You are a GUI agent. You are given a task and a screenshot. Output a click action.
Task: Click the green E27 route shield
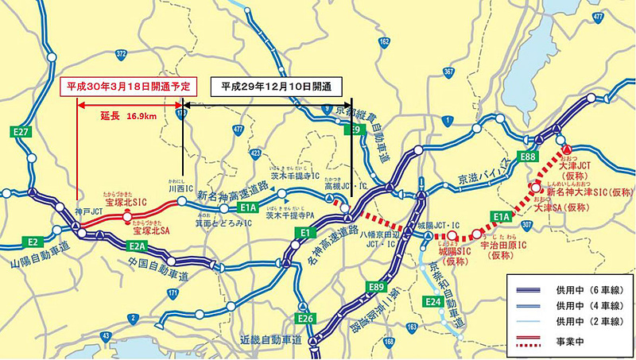(21, 132)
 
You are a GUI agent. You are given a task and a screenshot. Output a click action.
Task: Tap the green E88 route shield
(528, 156)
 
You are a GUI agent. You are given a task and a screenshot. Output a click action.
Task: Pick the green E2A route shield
(137, 246)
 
